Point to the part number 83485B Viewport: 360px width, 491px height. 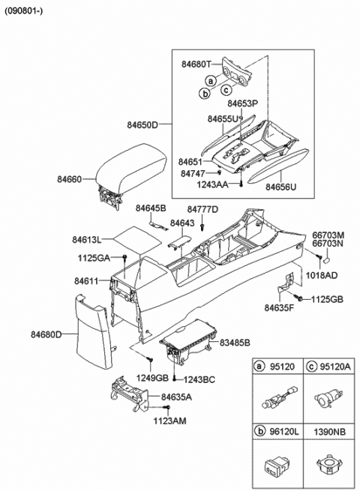236,342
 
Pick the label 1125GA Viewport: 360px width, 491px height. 91,258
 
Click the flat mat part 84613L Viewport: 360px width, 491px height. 135,239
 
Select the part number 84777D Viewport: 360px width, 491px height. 202,209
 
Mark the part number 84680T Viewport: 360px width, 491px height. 196,65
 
